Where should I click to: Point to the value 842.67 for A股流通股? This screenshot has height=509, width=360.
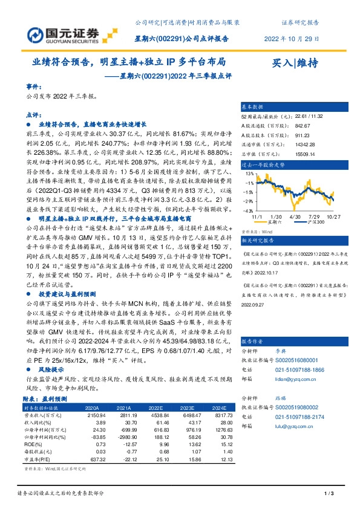(286, 126)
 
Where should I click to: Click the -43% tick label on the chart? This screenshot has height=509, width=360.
(247, 209)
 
